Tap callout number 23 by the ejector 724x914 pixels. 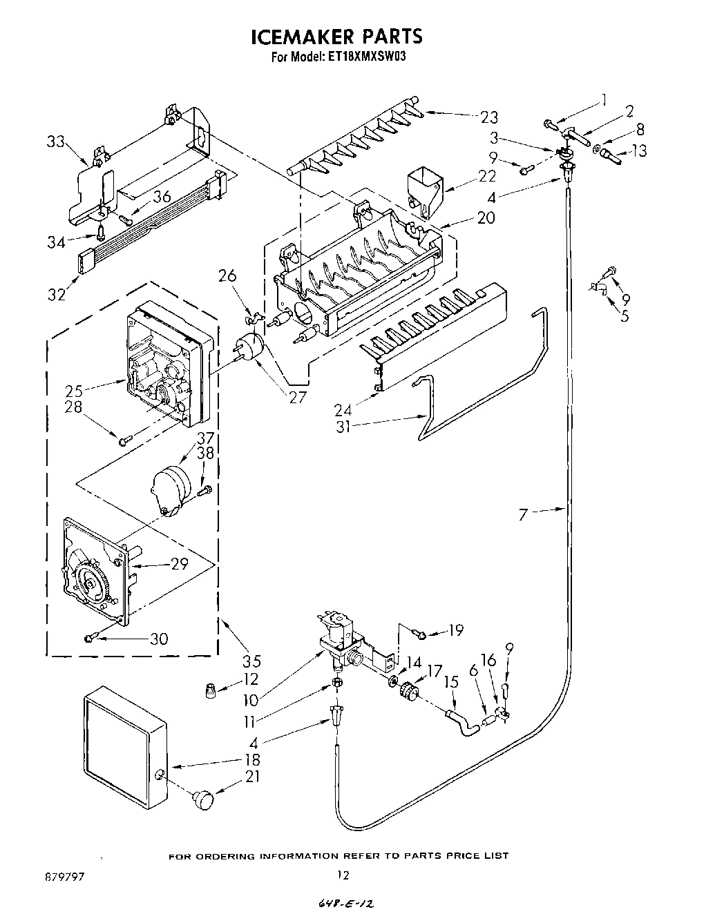pos(488,117)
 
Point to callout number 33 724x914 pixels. pos(56,142)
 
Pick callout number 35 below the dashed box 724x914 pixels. pos(251,661)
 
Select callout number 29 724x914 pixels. pos(179,564)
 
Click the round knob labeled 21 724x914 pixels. pos(203,799)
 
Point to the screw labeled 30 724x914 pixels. pos(90,637)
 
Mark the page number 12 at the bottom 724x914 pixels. pos(343,875)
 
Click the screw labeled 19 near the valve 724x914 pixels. pos(419,630)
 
